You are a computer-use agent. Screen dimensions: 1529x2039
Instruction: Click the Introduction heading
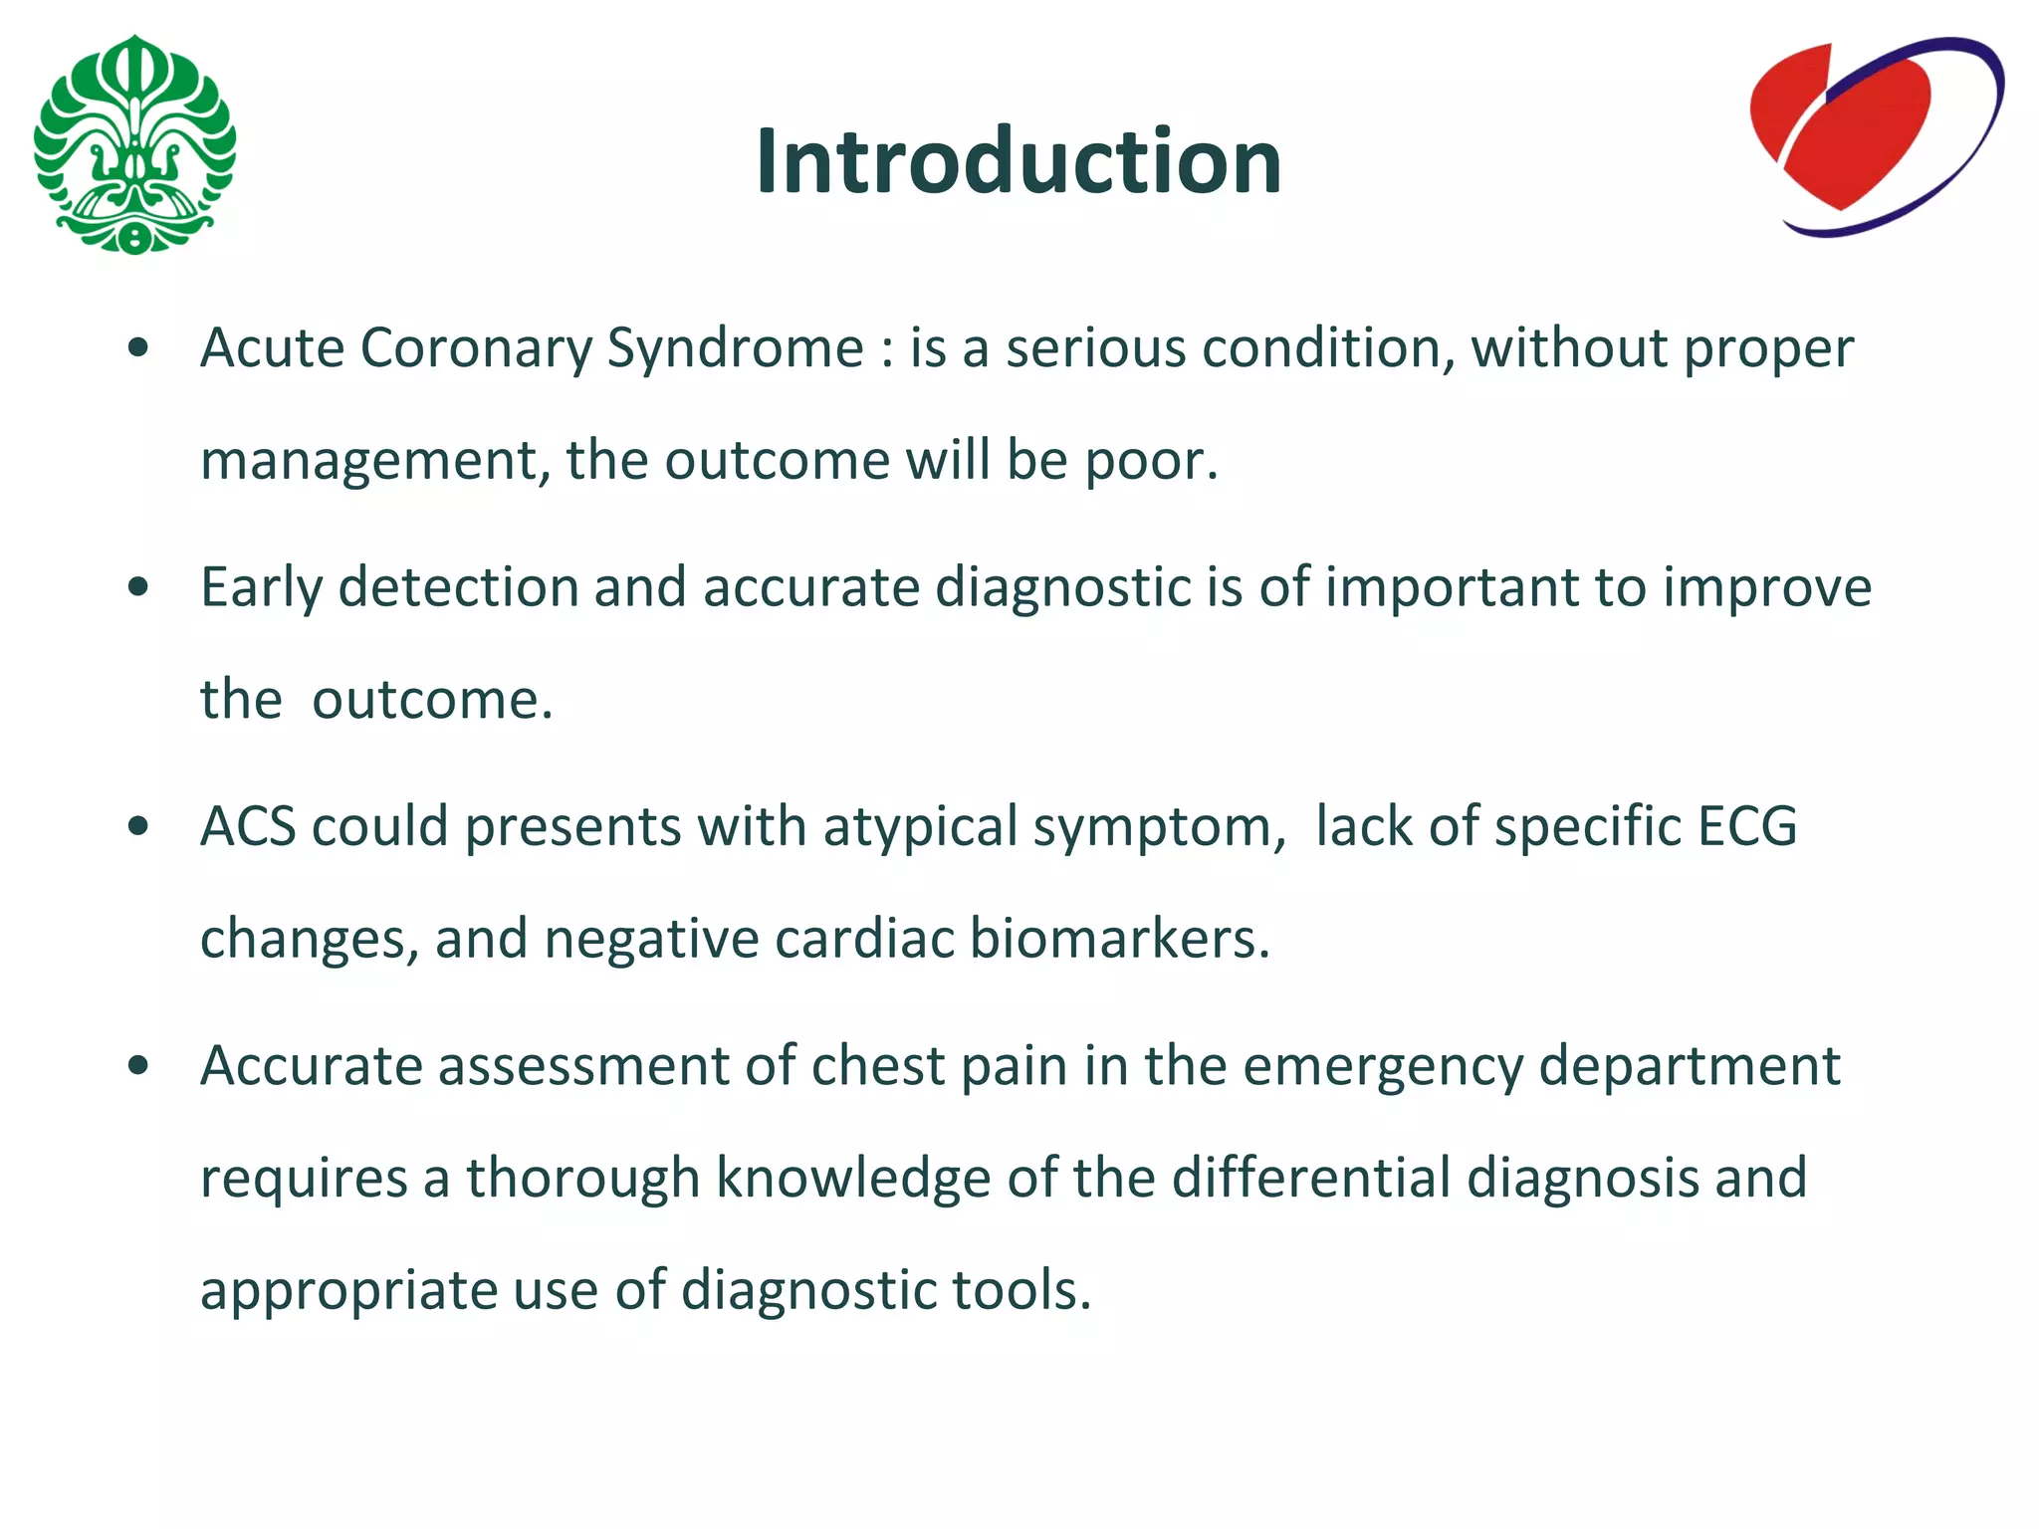(x=1018, y=161)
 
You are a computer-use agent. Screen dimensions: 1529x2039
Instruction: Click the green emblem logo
(x=134, y=145)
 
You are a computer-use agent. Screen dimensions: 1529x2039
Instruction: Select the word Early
(x=261, y=588)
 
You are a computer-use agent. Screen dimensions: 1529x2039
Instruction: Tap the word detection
(x=458, y=587)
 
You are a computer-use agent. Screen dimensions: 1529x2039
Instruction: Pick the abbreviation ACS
(x=248, y=826)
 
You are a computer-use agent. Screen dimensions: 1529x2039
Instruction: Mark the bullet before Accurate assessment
(x=138, y=1066)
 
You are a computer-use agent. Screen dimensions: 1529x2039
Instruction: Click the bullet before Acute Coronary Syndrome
(x=138, y=348)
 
